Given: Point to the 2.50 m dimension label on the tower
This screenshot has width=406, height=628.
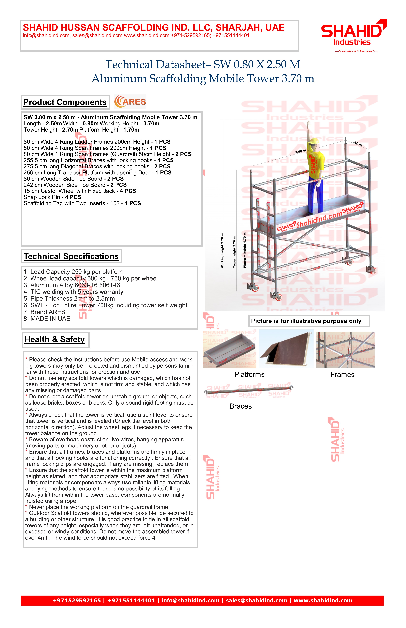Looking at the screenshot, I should [x=300, y=151].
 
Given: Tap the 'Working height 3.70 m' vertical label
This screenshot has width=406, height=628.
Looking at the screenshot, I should [x=222, y=251].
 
